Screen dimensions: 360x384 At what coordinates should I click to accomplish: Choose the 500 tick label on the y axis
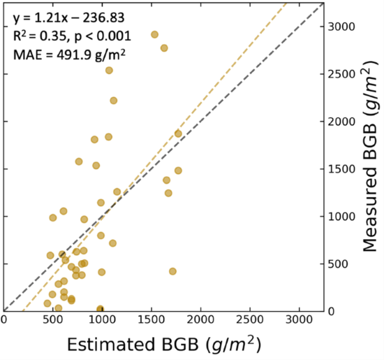pyautogui.click(x=341, y=264)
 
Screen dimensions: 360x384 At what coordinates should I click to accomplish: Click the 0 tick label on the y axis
pyautogui.click(x=335, y=311)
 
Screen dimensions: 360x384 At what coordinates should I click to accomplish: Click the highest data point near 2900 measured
pyautogui.click(x=155, y=34)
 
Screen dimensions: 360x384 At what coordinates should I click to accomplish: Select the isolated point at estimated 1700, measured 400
pyautogui.click(x=172, y=271)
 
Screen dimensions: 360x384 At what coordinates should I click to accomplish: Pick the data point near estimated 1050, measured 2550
pyautogui.click(x=109, y=70)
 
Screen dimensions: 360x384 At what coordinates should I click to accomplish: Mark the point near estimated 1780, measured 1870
pyautogui.click(x=178, y=134)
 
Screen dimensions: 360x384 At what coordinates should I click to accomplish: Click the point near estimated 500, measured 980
pyautogui.click(x=53, y=217)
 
